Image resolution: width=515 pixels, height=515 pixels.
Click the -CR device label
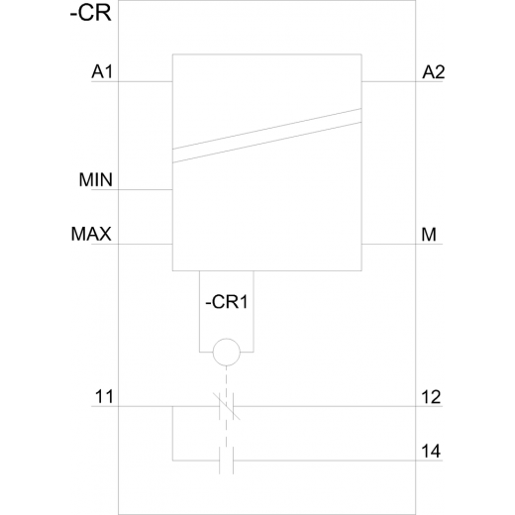[91, 14]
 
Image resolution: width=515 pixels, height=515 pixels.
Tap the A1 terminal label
[102, 71]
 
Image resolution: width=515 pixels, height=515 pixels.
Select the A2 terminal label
[434, 71]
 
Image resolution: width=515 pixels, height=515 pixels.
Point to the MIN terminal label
[96, 180]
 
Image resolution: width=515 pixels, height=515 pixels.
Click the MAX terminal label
[91, 234]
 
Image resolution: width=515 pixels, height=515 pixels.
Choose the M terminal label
[429, 235]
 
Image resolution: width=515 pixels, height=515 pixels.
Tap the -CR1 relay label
[227, 302]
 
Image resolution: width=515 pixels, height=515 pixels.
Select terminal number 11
[104, 396]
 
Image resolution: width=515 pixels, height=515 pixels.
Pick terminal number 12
[431, 396]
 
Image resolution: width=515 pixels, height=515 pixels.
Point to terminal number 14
[431, 451]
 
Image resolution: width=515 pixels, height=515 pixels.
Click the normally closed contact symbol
[227, 406]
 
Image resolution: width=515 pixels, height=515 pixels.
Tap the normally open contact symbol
[227, 461]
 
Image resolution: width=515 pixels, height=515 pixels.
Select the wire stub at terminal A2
[402, 81]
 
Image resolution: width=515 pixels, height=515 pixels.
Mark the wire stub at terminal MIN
[132, 190]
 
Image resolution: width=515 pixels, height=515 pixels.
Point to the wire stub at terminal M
[402, 245]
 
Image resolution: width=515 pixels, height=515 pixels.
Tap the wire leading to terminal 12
[338, 406]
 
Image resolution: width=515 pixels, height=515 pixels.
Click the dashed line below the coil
[227, 406]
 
